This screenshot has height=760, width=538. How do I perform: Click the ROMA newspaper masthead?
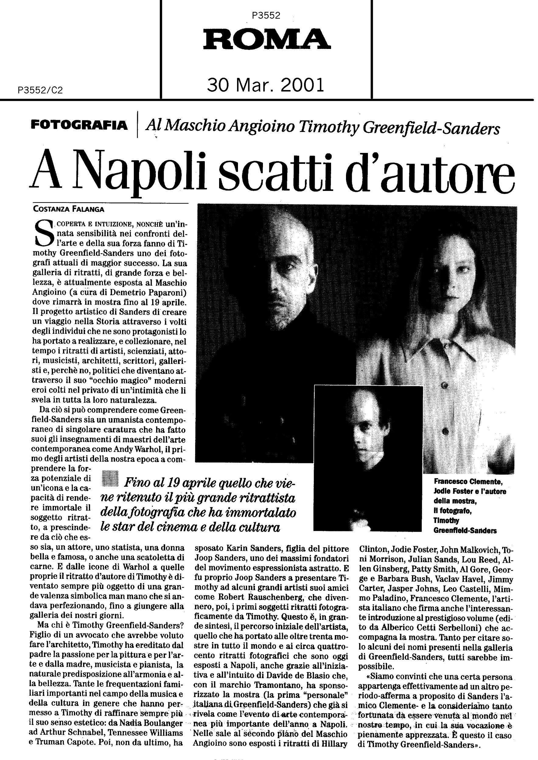coord(267,39)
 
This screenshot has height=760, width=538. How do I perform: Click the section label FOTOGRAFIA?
coord(79,126)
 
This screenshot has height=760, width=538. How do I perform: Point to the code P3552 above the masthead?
coord(266,16)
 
